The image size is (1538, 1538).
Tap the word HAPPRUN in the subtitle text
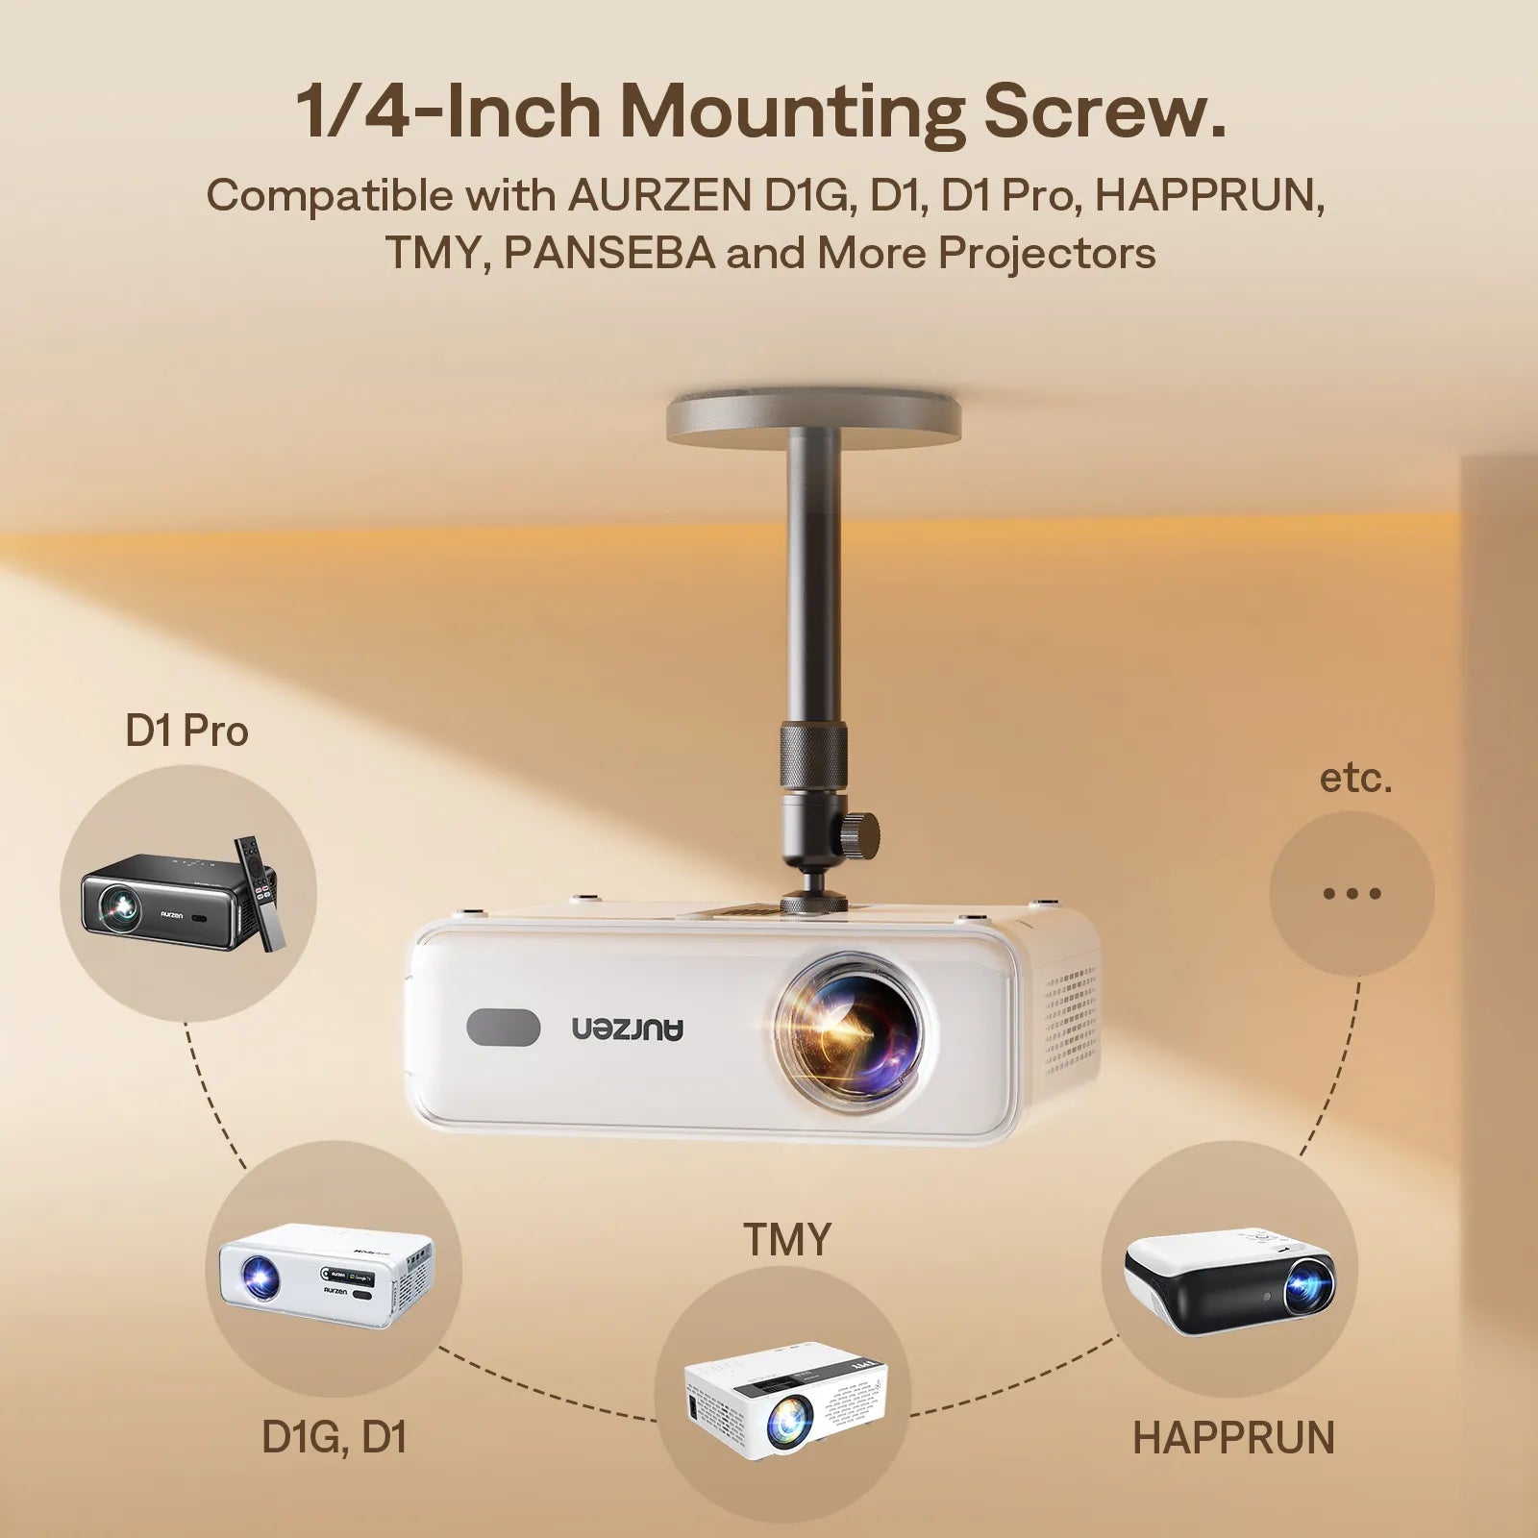[1209, 195]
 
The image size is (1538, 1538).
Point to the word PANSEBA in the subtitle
[609, 253]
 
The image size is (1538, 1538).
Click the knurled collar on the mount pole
[813, 758]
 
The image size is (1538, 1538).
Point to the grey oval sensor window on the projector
[503, 1027]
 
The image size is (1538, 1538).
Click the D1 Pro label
[186, 732]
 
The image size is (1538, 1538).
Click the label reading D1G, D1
[334, 1437]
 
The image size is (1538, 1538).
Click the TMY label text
[786, 1240]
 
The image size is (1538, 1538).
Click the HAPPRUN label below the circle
[1233, 1438]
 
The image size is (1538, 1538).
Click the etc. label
[1354, 778]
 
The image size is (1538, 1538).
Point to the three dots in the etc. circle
[1352, 893]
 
